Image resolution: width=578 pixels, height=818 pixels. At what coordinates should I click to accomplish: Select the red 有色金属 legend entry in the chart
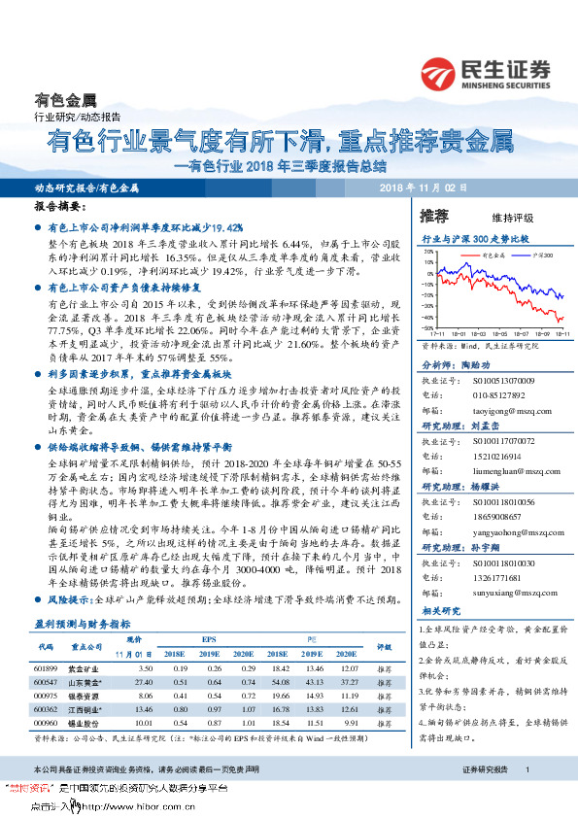pos(473,255)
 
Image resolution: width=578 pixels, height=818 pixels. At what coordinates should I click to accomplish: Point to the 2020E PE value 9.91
pos(351,725)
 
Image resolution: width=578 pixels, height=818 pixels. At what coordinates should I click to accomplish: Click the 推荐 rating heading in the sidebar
pos(434,215)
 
